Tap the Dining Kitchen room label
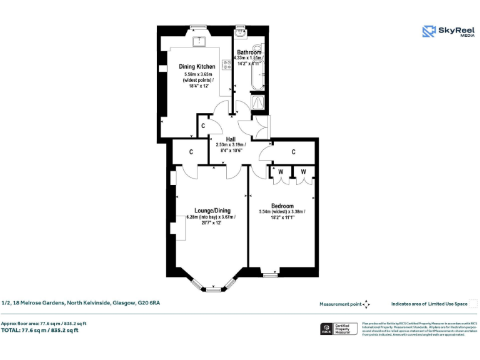(197, 66)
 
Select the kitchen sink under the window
(199, 41)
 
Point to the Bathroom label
(249, 52)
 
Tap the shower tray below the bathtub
(257, 102)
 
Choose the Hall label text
(231, 138)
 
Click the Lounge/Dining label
(212, 211)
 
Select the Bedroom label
(282, 206)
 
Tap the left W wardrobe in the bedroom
(281, 171)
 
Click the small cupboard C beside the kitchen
(203, 126)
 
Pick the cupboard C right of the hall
(293, 151)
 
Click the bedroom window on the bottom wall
(269, 274)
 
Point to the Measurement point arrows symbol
(367, 304)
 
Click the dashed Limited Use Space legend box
(472, 304)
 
